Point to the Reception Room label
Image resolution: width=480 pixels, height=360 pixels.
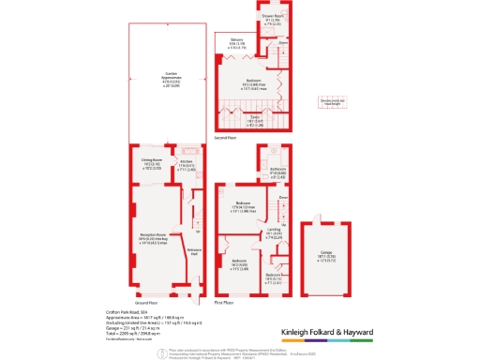(153, 236)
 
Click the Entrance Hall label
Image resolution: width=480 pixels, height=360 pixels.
(194, 253)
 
